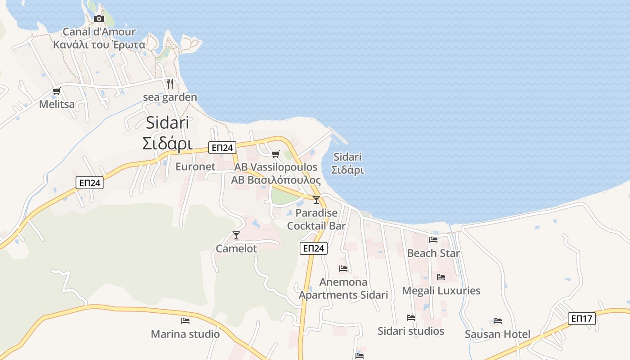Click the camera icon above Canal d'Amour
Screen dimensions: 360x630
(99, 18)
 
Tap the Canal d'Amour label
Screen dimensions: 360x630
(99, 32)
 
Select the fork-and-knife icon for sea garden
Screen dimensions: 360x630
(170, 84)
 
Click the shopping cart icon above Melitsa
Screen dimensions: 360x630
(56, 91)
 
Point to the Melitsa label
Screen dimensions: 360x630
(57, 104)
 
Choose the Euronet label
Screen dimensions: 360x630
(195, 166)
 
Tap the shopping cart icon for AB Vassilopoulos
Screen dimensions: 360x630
(276, 154)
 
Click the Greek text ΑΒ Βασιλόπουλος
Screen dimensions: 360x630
(276, 180)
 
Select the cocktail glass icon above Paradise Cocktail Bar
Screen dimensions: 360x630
(316, 200)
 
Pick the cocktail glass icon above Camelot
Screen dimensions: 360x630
(236, 235)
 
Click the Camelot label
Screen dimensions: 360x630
(236, 248)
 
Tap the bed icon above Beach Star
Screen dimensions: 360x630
(433, 240)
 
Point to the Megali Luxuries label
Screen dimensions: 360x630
(441, 291)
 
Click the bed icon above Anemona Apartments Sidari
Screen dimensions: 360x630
(343, 269)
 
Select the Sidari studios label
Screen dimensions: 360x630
(411, 331)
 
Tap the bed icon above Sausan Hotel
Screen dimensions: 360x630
(497, 321)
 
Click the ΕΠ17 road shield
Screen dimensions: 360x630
(581, 319)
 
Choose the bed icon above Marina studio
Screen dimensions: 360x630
(185, 321)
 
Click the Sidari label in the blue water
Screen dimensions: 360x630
(347, 157)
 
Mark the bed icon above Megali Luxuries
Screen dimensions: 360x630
(441, 277)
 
